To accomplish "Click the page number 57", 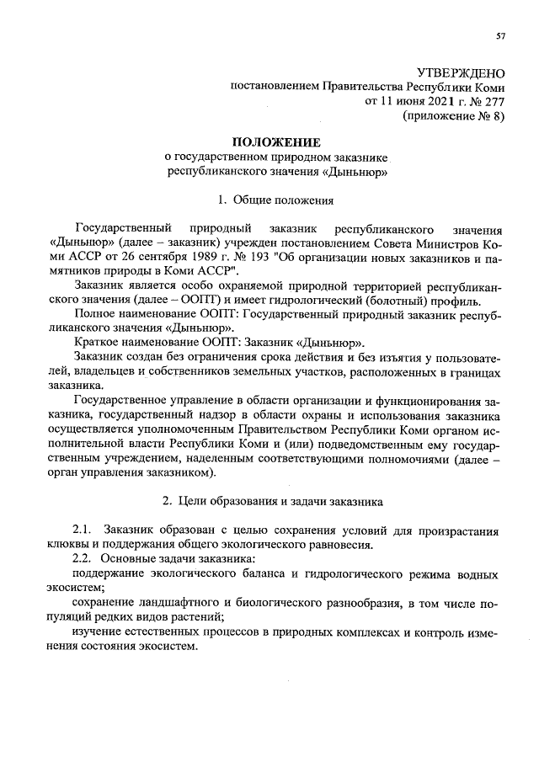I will (x=500, y=35).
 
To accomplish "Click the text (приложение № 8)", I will (x=455, y=117).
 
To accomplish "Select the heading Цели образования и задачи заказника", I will (x=275, y=501).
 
